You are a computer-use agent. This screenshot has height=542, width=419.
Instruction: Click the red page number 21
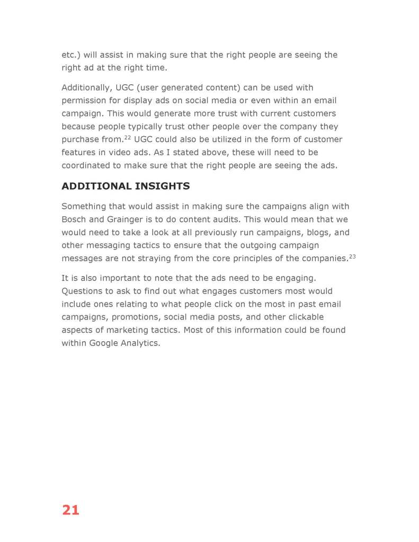[70, 510]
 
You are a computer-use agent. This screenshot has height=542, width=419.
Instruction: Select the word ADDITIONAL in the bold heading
[95, 186]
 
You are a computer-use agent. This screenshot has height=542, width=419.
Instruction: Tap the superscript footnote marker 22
[127, 138]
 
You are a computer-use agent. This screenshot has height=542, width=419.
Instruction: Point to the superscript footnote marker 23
[352, 256]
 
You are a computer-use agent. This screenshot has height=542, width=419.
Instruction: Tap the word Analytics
[142, 343]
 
